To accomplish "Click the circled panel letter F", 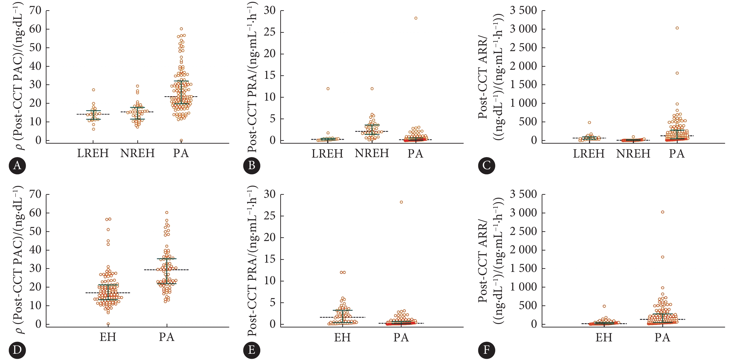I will pyautogui.click(x=486, y=350).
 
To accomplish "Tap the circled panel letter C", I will pyautogui.click(x=486, y=166).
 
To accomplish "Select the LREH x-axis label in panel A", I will pyautogui.click(x=93, y=153).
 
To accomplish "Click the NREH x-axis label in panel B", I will pyautogui.click(x=372, y=153).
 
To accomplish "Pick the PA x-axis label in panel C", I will pyautogui.click(x=677, y=153).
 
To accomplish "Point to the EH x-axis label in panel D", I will pyautogui.click(x=108, y=337).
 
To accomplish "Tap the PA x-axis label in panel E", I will pyautogui.click(x=401, y=337).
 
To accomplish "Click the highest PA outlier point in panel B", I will pyautogui.click(x=416, y=18).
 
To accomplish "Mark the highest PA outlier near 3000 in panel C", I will pyautogui.click(x=677, y=28).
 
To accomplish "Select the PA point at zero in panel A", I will pyautogui.click(x=181, y=140).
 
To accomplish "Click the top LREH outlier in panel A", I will pyautogui.click(x=93, y=90).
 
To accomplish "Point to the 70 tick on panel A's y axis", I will pyautogui.click(x=35, y=11).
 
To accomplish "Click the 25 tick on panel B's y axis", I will pyautogui.click(x=269, y=32).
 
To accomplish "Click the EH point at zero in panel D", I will pyautogui.click(x=108, y=324).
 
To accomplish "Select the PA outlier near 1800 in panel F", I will pyautogui.click(x=662, y=257).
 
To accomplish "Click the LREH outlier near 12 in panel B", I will pyautogui.click(x=328, y=89).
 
